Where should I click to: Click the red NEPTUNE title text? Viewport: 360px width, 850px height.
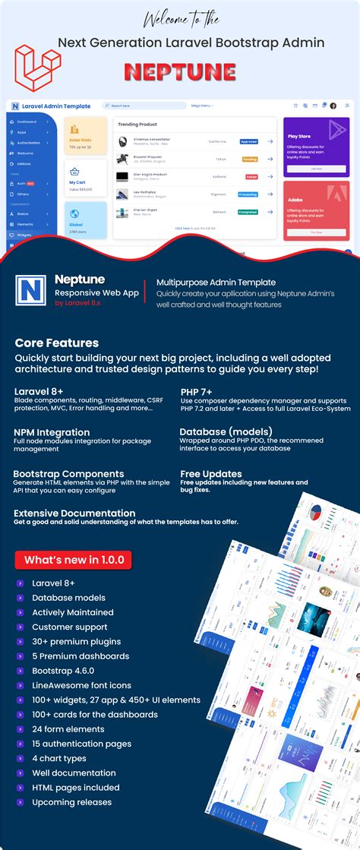[x=179, y=71]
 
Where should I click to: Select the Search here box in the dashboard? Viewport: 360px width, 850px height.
[x=144, y=106]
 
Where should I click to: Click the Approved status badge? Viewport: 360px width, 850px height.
[x=248, y=141]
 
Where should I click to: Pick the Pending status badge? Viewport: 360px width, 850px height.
[x=249, y=159]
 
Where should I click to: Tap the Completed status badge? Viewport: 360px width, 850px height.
[x=248, y=212]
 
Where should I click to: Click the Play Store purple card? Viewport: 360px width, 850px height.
[x=316, y=147]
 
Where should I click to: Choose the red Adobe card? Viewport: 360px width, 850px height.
[x=316, y=210]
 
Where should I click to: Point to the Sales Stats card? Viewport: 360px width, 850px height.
[x=85, y=136]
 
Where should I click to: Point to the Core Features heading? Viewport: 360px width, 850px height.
[x=56, y=343]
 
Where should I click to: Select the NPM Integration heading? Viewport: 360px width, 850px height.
[x=52, y=432]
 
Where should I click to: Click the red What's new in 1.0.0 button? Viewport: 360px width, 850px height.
[x=74, y=561]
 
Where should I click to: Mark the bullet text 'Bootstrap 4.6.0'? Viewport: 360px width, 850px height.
[x=64, y=671]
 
